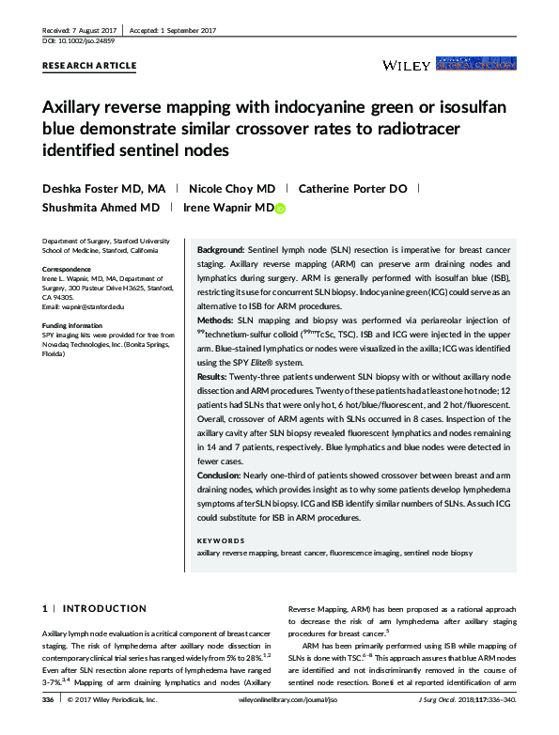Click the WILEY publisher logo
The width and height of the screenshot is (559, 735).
[407, 65]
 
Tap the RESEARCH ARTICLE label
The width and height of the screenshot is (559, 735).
[90, 66]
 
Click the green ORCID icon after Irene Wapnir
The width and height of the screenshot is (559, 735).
[279, 208]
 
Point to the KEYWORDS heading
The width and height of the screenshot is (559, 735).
[221, 540]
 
